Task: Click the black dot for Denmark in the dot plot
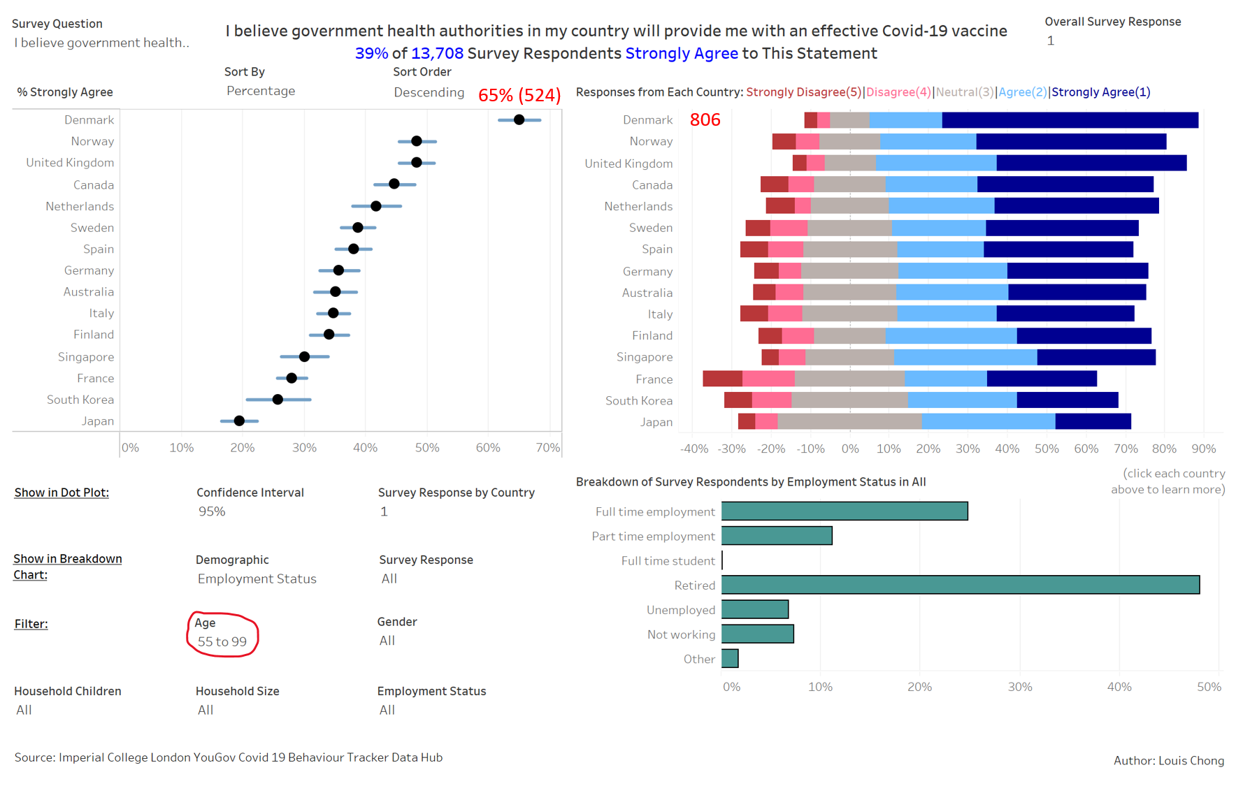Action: (519, 120)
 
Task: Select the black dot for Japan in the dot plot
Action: (239, 421)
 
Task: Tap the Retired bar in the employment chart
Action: (960, 585)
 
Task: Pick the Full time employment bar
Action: (845, 511)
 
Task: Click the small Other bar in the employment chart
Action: (730, 659)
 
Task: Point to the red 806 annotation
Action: (705, 120)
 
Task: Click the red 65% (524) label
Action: (519, 95)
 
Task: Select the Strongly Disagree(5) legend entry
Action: (803, 92)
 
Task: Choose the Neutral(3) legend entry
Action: (964, 92)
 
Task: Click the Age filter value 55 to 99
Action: (222, 641)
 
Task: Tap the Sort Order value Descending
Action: (429, 92)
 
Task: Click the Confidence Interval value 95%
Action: (212, 511)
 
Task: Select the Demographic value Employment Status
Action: (257, 578)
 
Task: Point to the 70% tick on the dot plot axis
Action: (547, 448)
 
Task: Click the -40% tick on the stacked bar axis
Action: (694, 449)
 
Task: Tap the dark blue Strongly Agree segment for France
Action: (1042, 379)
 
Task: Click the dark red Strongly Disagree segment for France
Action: (722, 379)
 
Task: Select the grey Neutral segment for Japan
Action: (849, 421)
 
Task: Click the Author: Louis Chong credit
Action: (1168, 761)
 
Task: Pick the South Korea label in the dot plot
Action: (80, 400)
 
